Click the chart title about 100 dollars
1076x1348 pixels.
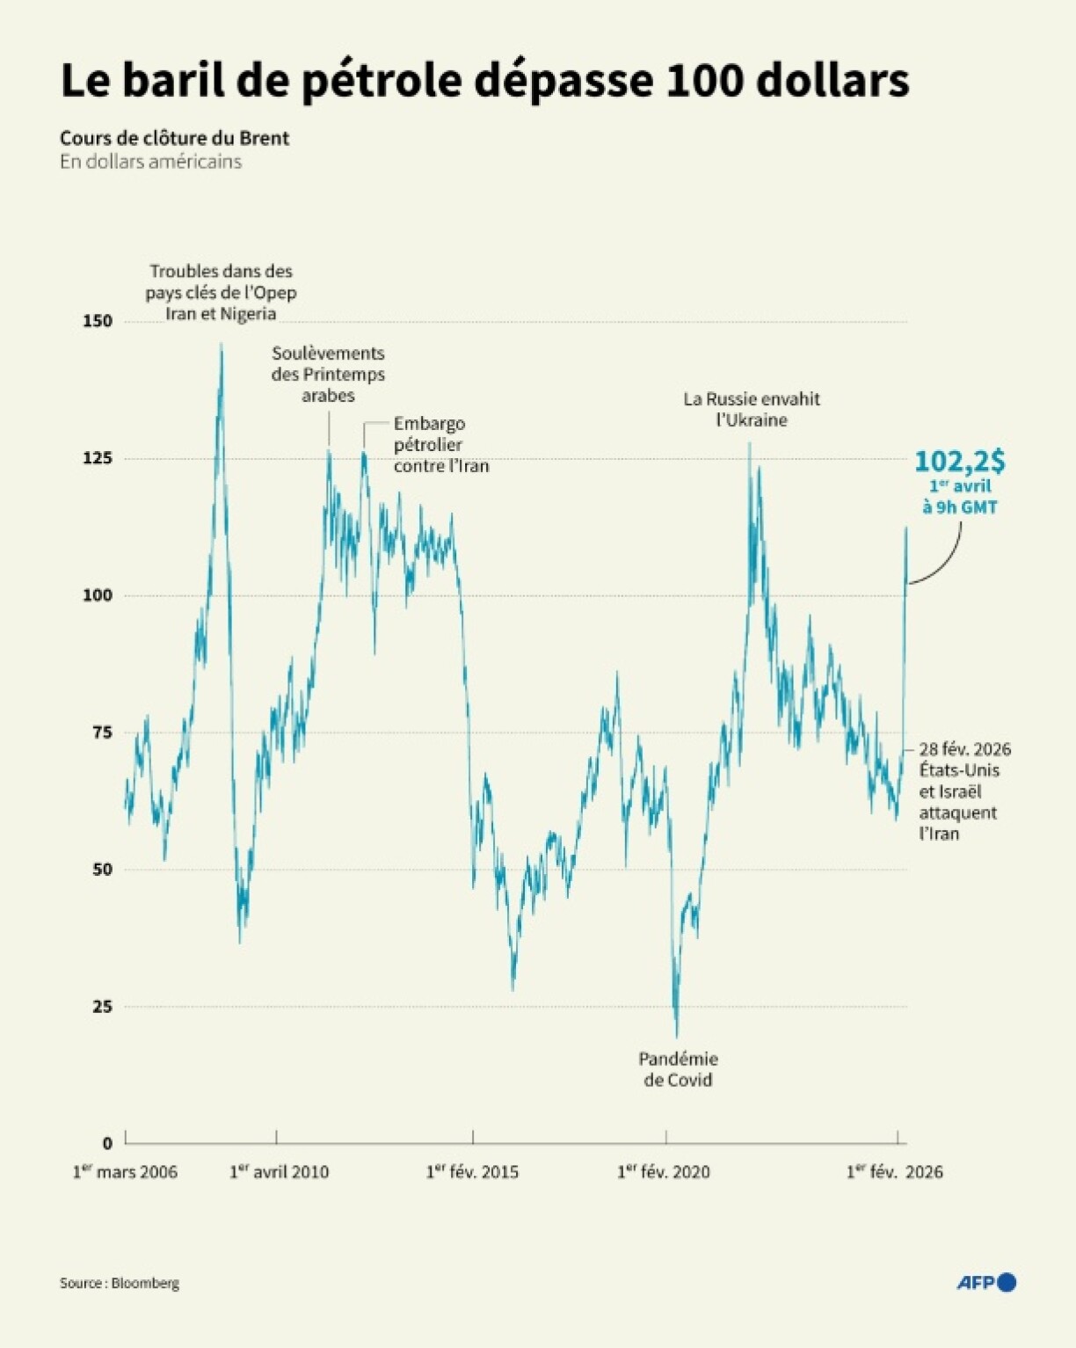click(484, 81)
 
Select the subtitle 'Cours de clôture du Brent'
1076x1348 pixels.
click(174, 138)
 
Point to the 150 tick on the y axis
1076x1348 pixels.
click(98, 321)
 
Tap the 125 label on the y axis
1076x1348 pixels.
click(98, 458)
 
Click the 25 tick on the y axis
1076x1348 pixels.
click(102, 1006)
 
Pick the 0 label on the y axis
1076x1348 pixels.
click(107, 1143)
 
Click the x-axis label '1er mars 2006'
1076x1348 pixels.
click(125, 1172)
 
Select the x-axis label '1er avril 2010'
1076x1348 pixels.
click(279, 1172)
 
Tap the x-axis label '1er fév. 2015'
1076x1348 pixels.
click(472, 1172)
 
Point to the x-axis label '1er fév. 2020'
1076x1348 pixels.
click(664, 1172)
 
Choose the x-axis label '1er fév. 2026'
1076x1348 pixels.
click(894, 1172)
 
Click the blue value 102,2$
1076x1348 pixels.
click(960, 462)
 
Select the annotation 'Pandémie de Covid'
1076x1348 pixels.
click(678, 1069)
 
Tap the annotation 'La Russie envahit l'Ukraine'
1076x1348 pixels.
click(752, 409)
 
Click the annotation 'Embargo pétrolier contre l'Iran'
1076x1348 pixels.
click(440, 445)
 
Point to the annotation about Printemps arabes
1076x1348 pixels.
click(328, 374)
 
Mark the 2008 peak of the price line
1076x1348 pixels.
click(221, 346)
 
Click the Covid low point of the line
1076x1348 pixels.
click(676, 1035)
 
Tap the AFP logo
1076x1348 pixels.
click(986, 1283)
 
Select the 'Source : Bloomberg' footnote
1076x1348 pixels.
click(120, 1283)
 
